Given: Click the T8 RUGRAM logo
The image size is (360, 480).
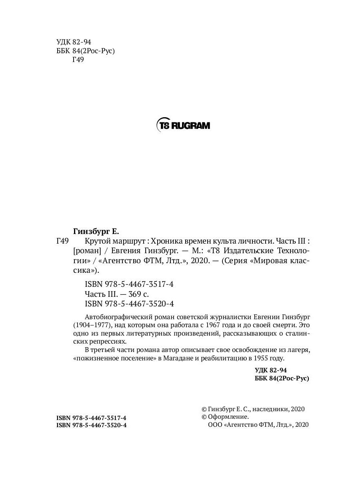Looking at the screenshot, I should pyautogui.click(x=183, y=125).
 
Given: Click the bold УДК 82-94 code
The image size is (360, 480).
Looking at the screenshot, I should pyautogui.click(x=270, y=370).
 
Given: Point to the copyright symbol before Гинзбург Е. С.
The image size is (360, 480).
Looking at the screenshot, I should pyautogui.click(x=204, y=409).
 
